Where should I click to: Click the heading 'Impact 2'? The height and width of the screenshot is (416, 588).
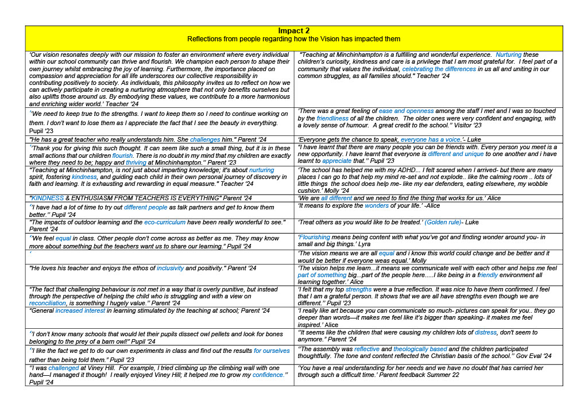pos(293,30)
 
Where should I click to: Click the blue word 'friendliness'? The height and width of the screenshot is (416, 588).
pos(332,118)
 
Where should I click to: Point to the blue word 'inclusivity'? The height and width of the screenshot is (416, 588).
pos(170,268)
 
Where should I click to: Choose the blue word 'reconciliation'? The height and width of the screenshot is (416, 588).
pos(48,303)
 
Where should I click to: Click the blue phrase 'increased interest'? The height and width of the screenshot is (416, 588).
pos(80,310)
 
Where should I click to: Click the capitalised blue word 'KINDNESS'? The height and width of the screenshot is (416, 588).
pos(48,198)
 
